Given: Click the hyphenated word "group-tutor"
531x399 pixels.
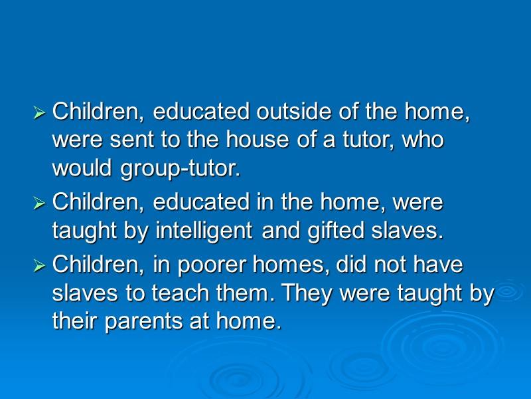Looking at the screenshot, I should pyautogui.click(x=179, y=170).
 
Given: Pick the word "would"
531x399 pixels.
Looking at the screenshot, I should pyautogui.click(x=84, y=170).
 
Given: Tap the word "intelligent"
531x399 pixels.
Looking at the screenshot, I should pyautogui.click(x=203, y=231).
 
